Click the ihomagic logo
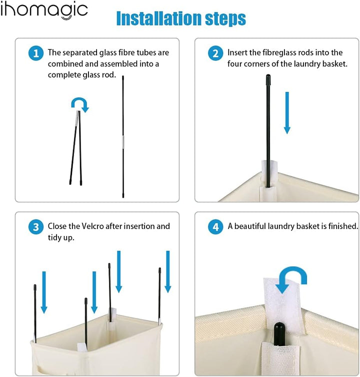click(x=44, y=10)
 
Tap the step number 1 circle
click(x=36, y=53)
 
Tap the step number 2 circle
click(x=215, y=53)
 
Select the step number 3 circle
click(x=36, y=227)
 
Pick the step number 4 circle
click(x=215, y=227)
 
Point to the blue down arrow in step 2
click(x=287, y=113)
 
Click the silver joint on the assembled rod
click(x=123, y=142)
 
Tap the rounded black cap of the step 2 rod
click(x=268, y=78)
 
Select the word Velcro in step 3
click(x=92, y=226)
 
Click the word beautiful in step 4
click(x=250, y=226)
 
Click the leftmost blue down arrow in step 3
click(x=44, y=292)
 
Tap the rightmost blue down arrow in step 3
click(x=168, y=271)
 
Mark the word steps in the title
click(x=225, y=18)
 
